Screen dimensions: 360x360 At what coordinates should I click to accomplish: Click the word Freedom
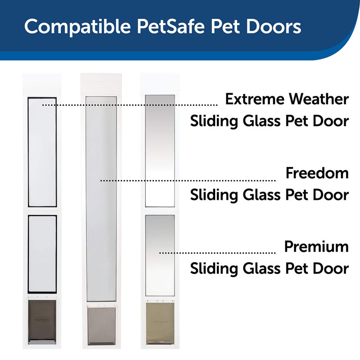click(317, 173)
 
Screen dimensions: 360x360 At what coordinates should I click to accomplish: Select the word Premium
click(316, 247)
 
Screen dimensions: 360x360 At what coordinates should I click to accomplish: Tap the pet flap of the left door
click(42, 321)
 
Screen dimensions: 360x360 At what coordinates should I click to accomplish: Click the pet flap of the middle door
click(101, 325)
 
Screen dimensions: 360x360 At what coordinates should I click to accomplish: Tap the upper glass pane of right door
click(160, 151)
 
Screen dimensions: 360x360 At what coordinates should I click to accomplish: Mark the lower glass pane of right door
click(160, 255)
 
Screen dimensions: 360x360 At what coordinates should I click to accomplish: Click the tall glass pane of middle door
click(101, 198)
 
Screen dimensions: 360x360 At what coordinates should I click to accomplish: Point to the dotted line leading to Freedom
click(189, 180)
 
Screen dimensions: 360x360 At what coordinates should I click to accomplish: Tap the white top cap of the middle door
click(101, 84)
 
